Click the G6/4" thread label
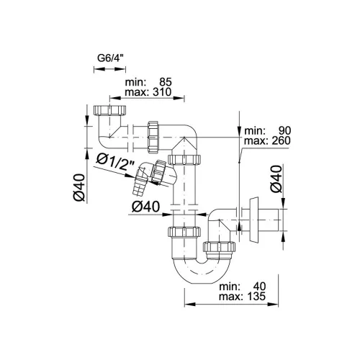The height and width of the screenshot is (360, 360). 112,58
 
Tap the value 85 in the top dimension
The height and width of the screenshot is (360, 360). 166,82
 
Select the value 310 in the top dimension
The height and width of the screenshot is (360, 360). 162,92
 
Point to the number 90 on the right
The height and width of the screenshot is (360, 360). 284,131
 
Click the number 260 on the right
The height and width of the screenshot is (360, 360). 282,140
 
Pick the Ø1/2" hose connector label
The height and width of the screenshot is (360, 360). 115,162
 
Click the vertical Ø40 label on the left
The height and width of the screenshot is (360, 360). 79,187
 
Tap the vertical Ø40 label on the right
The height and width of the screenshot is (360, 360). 276,179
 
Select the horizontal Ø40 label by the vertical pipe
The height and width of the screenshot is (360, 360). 145,207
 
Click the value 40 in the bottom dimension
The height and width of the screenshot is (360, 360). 260,287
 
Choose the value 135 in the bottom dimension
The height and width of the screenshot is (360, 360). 256,297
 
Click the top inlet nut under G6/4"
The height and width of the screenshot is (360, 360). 109,110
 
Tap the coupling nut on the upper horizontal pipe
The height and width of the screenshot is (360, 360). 153,137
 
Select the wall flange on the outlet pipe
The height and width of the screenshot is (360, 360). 253,220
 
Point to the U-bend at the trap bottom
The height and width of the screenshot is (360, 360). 202,276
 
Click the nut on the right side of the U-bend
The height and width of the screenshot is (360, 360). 219,247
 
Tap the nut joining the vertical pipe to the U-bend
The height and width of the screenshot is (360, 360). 184,232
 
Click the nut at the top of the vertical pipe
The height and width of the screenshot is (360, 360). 184,160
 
